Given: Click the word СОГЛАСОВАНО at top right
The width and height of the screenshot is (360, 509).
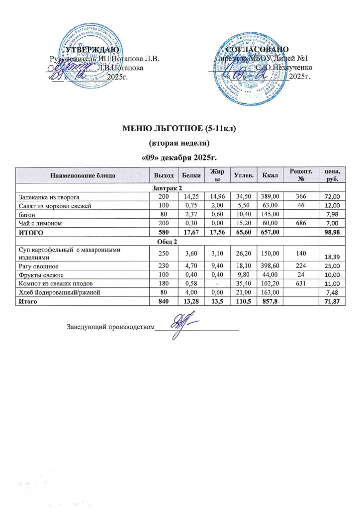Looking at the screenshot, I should (258, 50).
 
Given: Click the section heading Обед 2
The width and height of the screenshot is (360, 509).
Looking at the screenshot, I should (180, 241).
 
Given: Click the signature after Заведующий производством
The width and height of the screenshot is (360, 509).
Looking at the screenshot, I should (179, 326).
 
